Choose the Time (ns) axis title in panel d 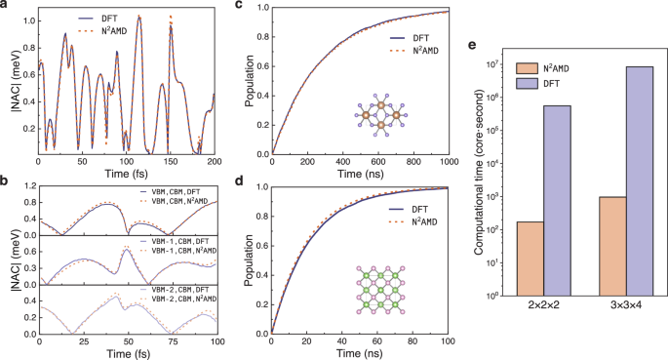tap(360, 353)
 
